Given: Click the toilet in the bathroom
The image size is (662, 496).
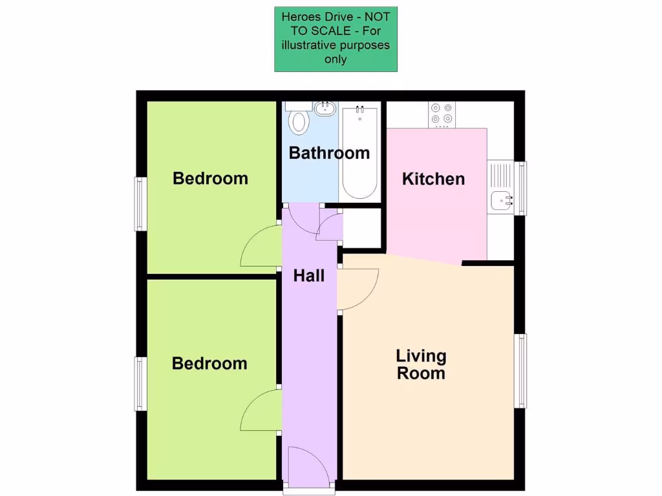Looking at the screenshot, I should pyautogui.click(x=299, y=121).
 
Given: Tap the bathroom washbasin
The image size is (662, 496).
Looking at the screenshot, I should pyautogui.click(x=324, y=108).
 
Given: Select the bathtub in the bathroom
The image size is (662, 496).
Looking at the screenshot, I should pyautogui.click(x=359, y=152).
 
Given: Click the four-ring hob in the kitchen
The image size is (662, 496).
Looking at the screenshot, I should pyautogui.click(x=442, y=114).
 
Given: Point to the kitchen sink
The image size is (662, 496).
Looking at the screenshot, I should pyautogui.click(x=501, y=201).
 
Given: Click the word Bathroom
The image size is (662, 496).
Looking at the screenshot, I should pyautogui.click(x=329, y=153).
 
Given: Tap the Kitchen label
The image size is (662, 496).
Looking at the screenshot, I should pyautogui.click(x=433, y=179).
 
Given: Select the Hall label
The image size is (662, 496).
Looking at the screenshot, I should pyautogui.click(x=308, y=276).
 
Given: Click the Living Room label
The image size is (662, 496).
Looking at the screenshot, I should pyautogui.click(x=421, y=364).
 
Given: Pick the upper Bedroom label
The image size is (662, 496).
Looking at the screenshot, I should pyautogui.click(x=210, y=178).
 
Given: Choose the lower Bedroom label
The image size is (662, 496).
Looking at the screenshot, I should pyautogui.click(x=209, y=364).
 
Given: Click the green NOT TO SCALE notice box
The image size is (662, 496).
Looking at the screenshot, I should pyautogui.click(x=336, y=39).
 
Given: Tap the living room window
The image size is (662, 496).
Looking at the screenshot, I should pyautogui.click(x=520, y=371).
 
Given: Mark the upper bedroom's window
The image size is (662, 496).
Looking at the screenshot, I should pyautogui.click(x=139, y=203).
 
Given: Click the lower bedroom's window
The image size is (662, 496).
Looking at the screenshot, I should pyautogui.click(x=139, y=383).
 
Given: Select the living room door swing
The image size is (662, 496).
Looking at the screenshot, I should pyautogui.click(x=358, y=289).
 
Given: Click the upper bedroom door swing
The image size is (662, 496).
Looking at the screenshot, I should pyautogui.click(x=260, y=249).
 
